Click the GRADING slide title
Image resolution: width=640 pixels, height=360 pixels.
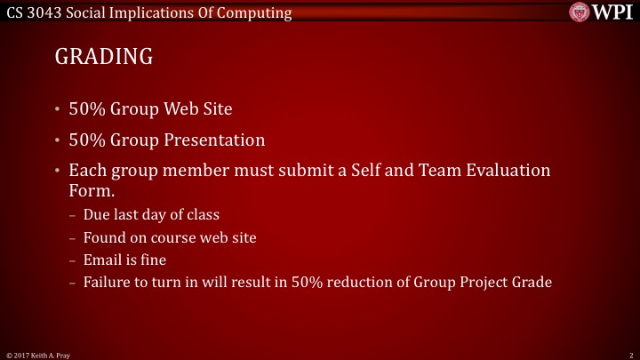[x=104, y=57]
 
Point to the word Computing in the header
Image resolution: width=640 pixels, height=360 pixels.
[x=257, y=12]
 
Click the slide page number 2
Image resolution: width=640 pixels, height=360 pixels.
[x=629, y=355]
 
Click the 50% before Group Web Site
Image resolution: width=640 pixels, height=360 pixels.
[x=87, y=110]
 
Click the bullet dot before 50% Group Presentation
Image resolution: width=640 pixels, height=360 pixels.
[x=58, y=141]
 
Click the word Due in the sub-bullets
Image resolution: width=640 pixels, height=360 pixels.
[x=96, y=214]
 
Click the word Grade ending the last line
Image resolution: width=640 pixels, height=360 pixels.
[x=532, y=284]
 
